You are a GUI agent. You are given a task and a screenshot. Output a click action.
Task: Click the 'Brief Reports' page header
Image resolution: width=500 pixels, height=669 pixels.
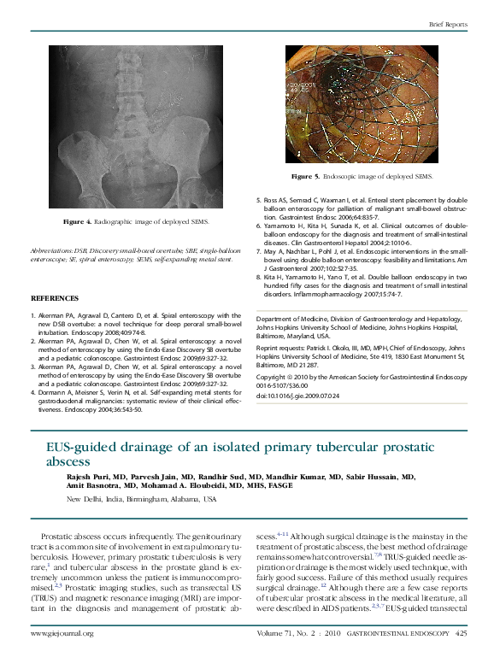[448, 25]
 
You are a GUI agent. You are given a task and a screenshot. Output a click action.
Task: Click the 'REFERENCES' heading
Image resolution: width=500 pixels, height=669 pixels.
[55, 298]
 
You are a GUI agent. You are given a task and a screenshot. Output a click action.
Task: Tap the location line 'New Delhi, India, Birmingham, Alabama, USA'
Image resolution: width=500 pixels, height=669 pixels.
[141, 498]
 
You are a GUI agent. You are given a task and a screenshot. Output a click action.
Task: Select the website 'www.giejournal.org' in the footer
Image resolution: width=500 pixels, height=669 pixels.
[62, 633]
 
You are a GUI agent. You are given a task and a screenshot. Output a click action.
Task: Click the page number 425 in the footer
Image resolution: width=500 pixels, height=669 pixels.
[461, 633]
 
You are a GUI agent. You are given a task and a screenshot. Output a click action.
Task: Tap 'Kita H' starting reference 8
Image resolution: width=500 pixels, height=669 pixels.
[276, 278]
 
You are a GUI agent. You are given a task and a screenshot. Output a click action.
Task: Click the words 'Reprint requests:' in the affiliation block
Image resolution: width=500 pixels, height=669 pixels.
[282, 349]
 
